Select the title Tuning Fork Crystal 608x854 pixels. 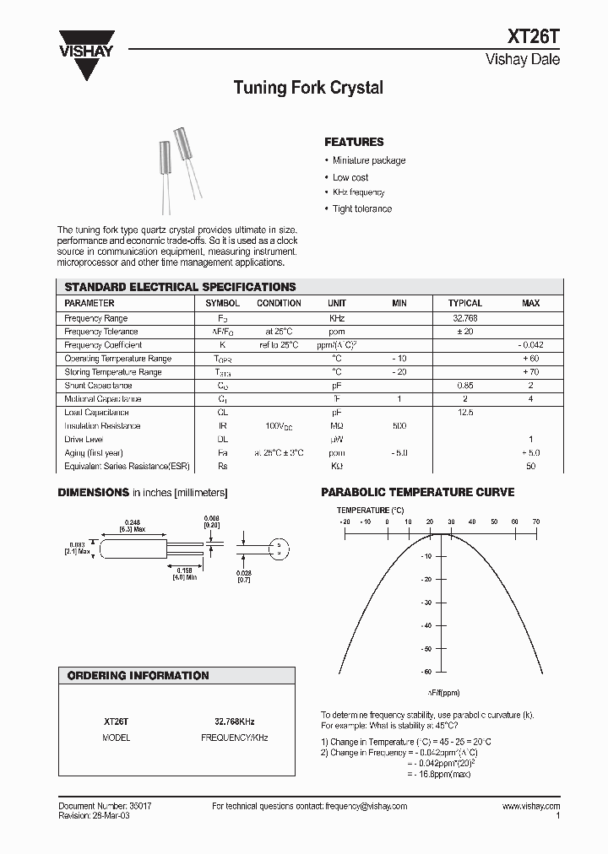click(x=307, y=88)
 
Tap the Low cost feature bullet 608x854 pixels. click(x=350, y=177)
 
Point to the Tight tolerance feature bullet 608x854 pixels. click(x=361, y=208)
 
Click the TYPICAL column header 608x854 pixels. click(x=464, y=303)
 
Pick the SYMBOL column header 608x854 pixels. click(x=223, y=303)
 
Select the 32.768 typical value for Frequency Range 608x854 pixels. click(x=464, y=318)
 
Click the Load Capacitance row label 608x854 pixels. click(x=96, y=413)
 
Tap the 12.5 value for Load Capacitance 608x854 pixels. click(x=464, y=413)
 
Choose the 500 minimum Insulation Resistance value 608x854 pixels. click(x=399, y=426)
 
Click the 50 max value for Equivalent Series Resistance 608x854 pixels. click(x=531, y=467)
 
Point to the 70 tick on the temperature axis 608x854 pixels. click(x=536, y=522)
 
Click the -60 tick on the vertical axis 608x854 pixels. click(x=427, y=672)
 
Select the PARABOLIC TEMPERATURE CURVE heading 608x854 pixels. click(x=418, y=493)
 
